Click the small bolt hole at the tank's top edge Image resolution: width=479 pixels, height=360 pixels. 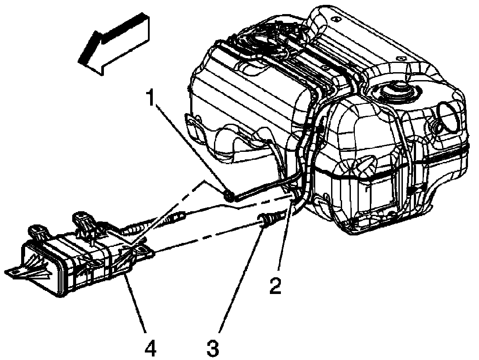[335, 20]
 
